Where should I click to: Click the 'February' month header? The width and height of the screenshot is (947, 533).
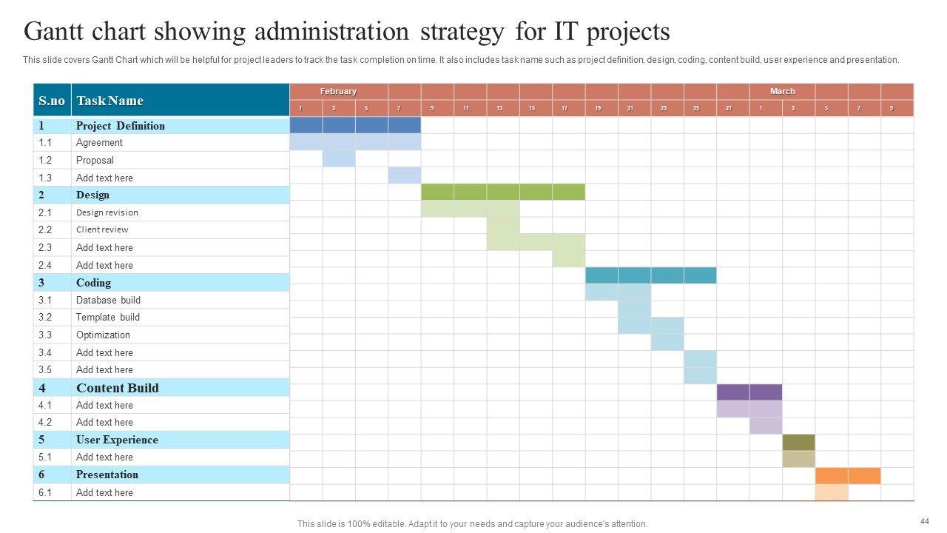[x=338, y=91]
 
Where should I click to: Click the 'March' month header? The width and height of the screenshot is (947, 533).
[x=782, y=91]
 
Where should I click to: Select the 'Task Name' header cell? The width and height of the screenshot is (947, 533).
[x=109, y=101]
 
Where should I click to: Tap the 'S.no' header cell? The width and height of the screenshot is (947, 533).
[x=52, y=101]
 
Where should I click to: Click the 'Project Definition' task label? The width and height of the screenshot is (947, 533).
[x=120, y=126]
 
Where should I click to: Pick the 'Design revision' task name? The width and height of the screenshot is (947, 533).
[x=107, y=212]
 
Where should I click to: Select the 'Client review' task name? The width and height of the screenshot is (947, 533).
[x=101, y=229]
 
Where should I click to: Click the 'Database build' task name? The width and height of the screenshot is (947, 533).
[x=108, y=300]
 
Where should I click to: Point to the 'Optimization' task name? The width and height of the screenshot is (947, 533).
[x=103, y=335]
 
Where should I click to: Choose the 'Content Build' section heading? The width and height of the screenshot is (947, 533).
[x=117, y=388]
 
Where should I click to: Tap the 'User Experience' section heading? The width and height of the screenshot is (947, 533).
[x=117, y=440]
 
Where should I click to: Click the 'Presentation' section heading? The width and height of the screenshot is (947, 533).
[x=107, y=475]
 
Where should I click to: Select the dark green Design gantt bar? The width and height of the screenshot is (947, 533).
[x=503, y=192]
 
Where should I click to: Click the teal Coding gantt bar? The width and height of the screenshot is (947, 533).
[x=650, y=275]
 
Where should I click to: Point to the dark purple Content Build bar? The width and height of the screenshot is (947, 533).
[x=749, y=392]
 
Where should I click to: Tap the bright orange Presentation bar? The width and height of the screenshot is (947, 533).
[x=848, y=476]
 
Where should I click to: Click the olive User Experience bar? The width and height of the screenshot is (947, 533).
[x=798, y=443]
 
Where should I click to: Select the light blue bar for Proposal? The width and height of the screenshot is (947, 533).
[x=339, y=159]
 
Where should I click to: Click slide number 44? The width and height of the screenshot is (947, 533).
[x=924, y=520]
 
